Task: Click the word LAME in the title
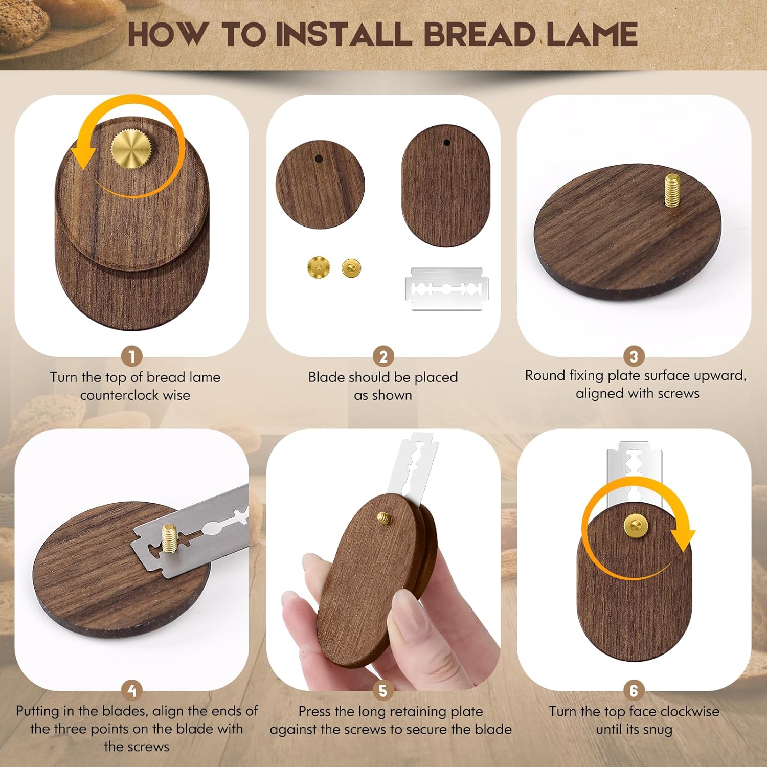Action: (x=592, y=34)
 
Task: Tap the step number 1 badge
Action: (x=132, y=356)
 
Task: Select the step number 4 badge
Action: (x=132, y=691)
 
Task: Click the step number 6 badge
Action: (x=634, y=691)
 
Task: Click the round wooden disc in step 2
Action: (x=320, y=185)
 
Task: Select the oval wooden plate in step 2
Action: (x=445, y=187)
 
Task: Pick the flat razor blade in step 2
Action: (x=446, y=289)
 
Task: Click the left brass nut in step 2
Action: (x=319, y=267)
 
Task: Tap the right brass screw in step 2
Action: (x=351, y=267)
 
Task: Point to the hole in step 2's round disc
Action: (x=319, y=159)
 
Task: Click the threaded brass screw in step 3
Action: (x=673, y=190)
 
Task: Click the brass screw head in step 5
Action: (x=385, y=518)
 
